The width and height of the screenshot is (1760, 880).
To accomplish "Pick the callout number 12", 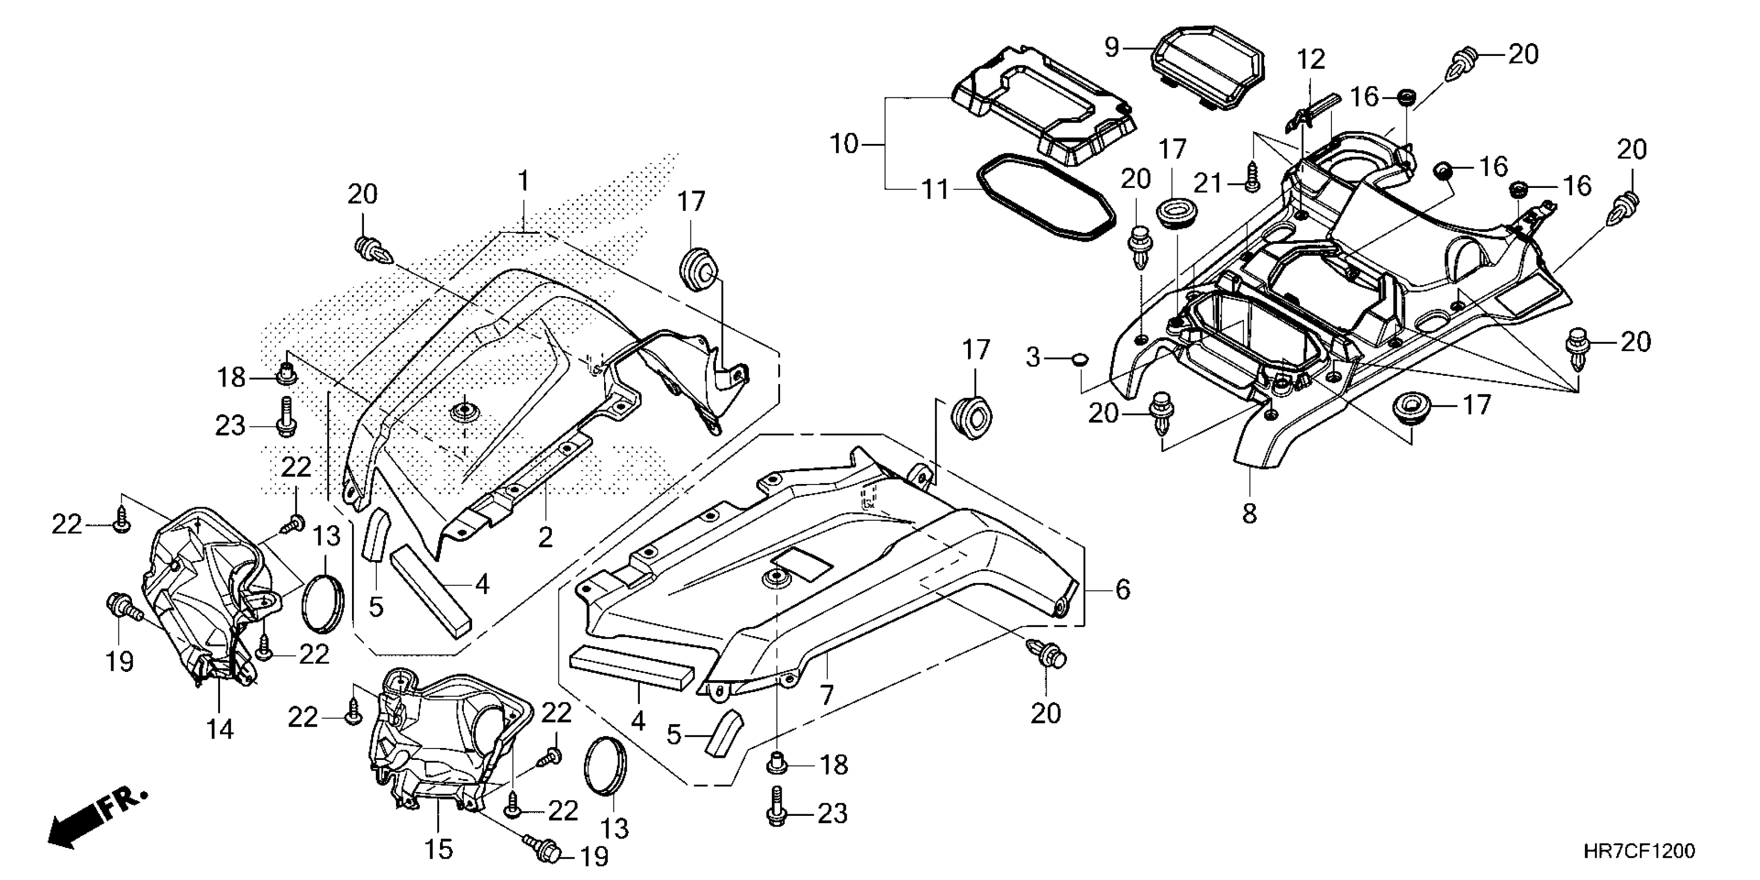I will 1311,60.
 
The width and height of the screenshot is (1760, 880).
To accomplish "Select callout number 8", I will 1249,512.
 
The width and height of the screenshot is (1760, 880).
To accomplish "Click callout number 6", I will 1123,589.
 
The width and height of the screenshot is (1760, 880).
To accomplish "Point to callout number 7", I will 827,694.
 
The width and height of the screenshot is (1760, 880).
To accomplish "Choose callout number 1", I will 523,182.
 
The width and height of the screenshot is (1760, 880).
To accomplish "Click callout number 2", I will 545,537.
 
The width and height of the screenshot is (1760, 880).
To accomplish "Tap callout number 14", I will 220,730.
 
